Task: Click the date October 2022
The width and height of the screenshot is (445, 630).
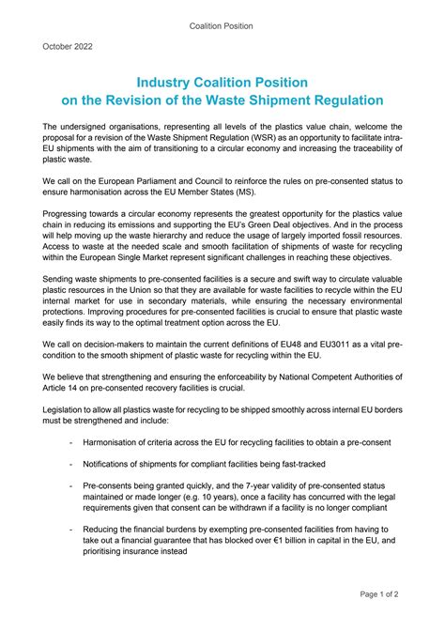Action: coord(68,45)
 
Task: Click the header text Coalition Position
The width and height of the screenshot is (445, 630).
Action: coord(222,25)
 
